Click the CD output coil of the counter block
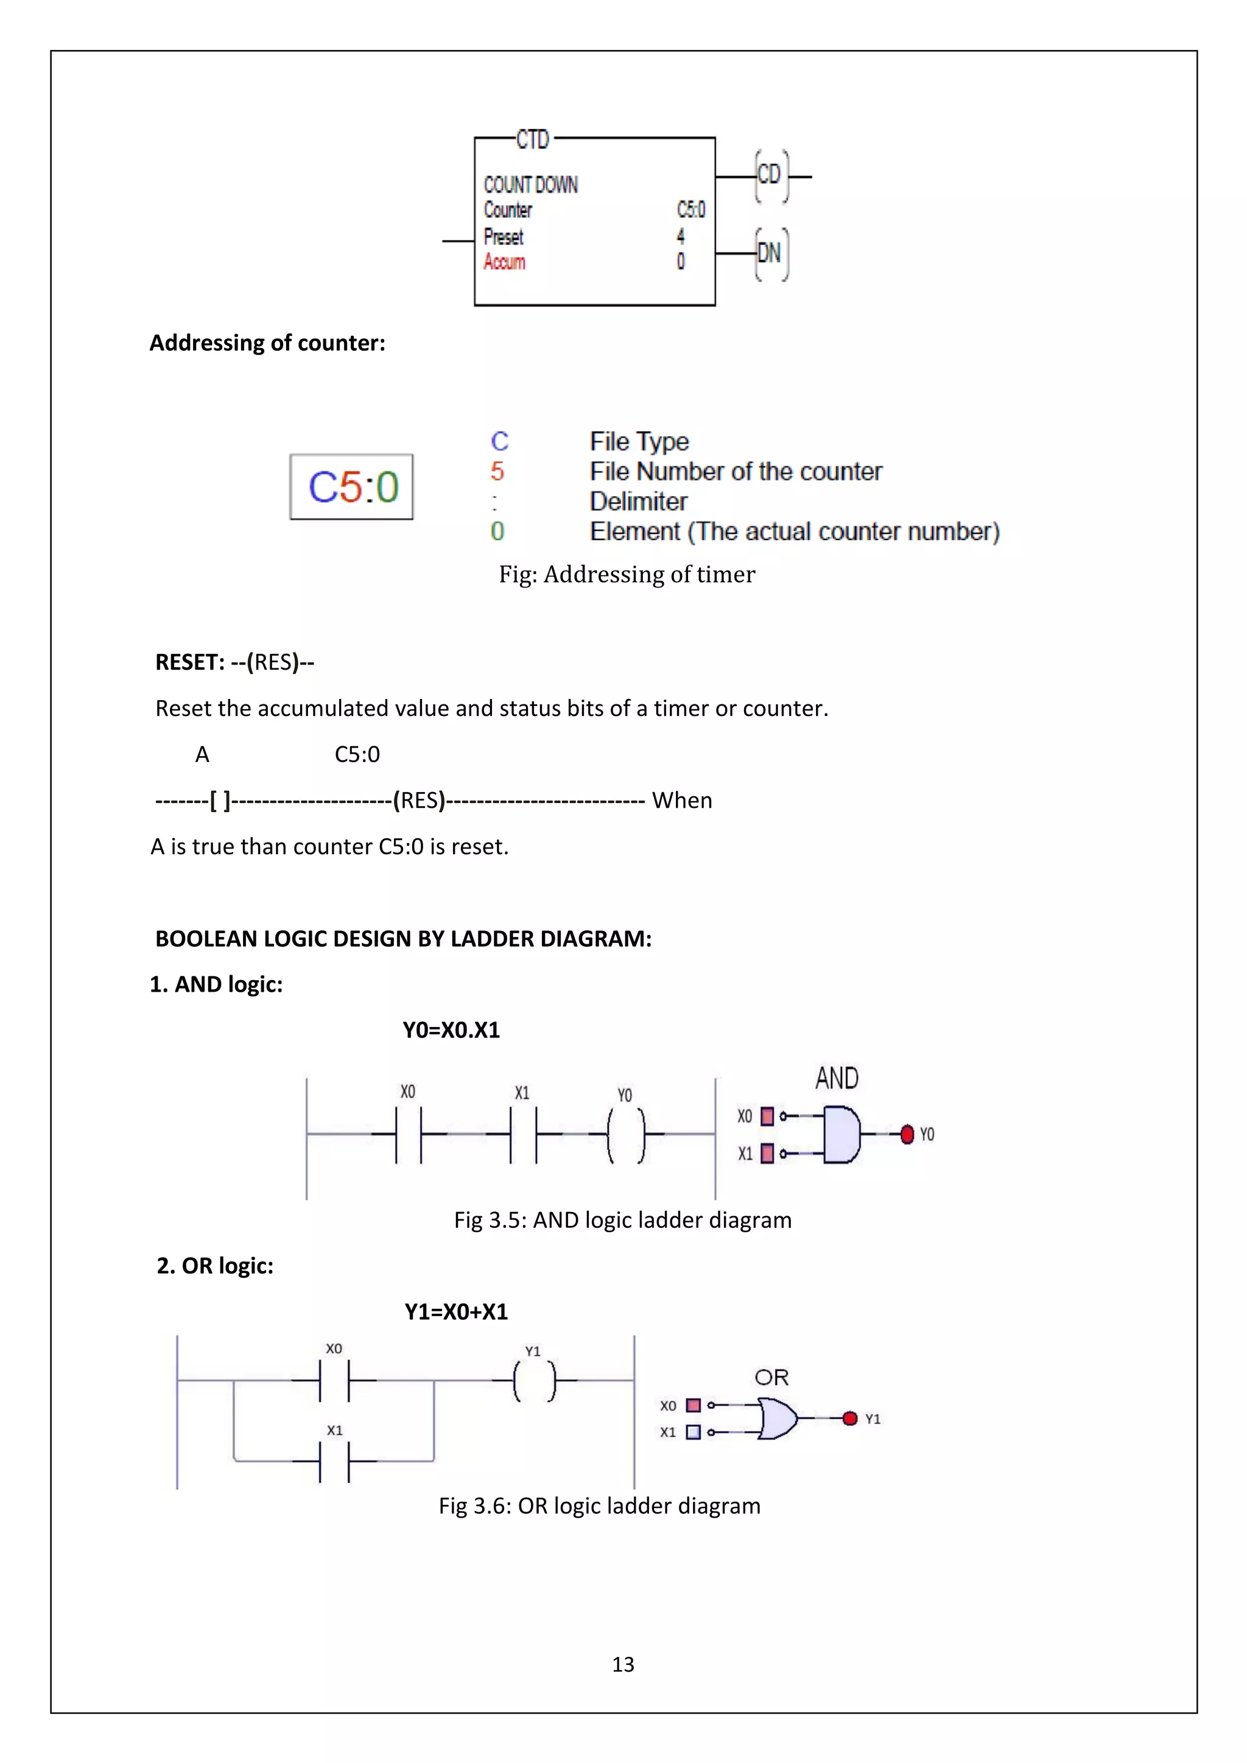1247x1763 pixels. point(770,176)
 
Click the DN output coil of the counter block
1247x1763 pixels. point(770,253)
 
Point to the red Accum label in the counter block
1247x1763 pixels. point(505,262)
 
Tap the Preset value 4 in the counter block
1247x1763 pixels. point(680,236)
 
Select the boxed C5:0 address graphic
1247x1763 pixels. point(352,487)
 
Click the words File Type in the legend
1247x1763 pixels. point(639,441)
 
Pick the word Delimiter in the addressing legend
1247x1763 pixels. point(638,502)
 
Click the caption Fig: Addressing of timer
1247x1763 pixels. point(627,574)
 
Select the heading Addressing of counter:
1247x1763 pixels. point(267,343)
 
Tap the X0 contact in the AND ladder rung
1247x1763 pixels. point(409,1134)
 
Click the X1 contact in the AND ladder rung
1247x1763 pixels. point(523,1134)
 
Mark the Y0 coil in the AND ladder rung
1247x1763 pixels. point(626,1134)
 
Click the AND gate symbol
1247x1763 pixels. point(841,1134)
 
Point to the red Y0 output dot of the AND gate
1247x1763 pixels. point(907,1134)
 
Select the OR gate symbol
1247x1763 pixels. point(776,1418)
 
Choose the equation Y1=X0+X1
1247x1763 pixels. point(456,1311)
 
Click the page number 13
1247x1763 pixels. point(623,1664)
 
